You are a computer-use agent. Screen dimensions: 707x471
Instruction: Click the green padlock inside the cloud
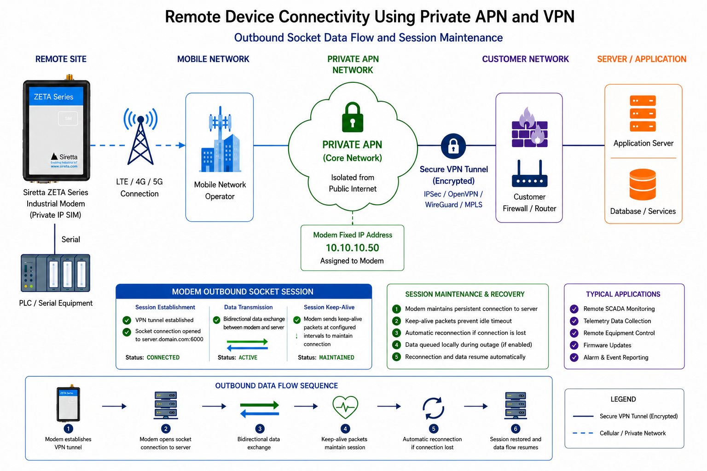pos(353,117)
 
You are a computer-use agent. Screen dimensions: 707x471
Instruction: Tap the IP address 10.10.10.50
pos(352,248)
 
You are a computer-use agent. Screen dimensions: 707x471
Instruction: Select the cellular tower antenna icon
pos(140,136)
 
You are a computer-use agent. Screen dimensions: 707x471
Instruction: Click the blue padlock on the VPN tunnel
pos(453,146)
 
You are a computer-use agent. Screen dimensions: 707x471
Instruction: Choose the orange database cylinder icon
pos(643,184)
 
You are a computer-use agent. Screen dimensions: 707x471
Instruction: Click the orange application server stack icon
pos(643,113)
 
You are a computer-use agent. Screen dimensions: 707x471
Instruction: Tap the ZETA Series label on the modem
pos(54,97)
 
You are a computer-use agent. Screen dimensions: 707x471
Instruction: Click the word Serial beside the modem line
pos(71,240)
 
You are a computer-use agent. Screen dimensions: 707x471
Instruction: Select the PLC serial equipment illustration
pos(56,273)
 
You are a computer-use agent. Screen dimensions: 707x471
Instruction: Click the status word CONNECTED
pos(163,357)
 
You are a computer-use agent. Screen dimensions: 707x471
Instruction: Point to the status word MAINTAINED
pos(337,357)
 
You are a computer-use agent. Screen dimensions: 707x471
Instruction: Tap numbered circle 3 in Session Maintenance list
pos(396,333)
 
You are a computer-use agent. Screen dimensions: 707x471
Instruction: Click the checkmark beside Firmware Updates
pos(574,345)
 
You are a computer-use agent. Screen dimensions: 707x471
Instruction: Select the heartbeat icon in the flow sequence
pos(345,407)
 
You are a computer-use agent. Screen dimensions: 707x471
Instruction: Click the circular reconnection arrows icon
pos(433,408)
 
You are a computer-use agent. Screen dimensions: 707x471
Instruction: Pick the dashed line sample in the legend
pos(583,433)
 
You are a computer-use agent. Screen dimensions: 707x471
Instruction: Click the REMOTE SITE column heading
pos(61,59)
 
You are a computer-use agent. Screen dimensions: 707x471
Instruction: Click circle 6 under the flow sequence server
pos(516,429)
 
